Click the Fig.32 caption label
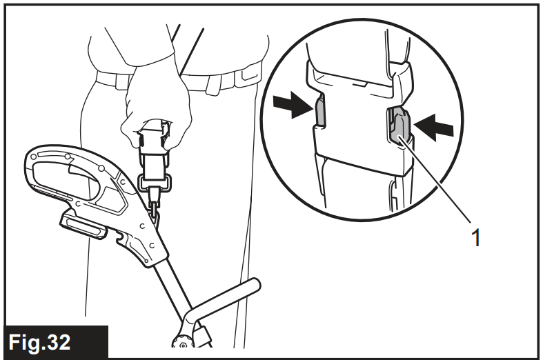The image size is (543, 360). (39, 342)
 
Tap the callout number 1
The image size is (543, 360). (477, 237)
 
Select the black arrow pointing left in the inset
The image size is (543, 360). (433, 128)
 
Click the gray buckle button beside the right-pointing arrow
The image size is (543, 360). (320, 110)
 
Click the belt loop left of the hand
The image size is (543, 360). (121, 82)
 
